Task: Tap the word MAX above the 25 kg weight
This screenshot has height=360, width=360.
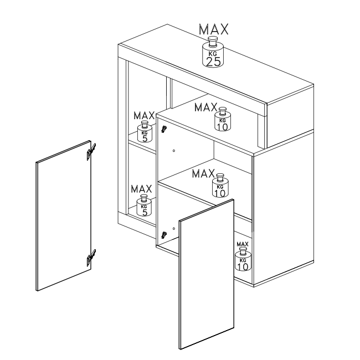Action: [214, 29]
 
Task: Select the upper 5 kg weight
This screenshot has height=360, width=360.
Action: [145, 131]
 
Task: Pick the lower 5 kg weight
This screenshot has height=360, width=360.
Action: [144, 205]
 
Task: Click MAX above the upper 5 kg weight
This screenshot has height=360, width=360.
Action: [144, 116]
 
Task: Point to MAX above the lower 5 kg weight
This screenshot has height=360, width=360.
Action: [141, 189]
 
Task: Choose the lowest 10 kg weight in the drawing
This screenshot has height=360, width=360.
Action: [243, 259]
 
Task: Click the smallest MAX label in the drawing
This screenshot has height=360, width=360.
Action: [243, 244]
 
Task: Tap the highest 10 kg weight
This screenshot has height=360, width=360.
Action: [223, 119]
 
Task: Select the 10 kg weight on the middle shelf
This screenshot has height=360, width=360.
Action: [220, 186]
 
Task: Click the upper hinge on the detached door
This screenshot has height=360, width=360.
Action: [91, 152]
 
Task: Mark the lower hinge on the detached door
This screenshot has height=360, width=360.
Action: [91, 258]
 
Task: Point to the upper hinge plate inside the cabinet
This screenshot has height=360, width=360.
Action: [164, 129]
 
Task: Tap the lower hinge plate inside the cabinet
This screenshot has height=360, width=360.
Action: [164, 235]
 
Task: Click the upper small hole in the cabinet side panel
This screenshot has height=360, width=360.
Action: [174, 151]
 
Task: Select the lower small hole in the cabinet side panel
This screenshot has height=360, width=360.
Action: [174, 229]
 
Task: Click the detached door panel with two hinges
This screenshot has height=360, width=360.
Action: [64, 216]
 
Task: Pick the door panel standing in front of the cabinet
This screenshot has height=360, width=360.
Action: [207, 274]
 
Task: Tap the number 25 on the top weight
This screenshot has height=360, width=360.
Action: [214, 61]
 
